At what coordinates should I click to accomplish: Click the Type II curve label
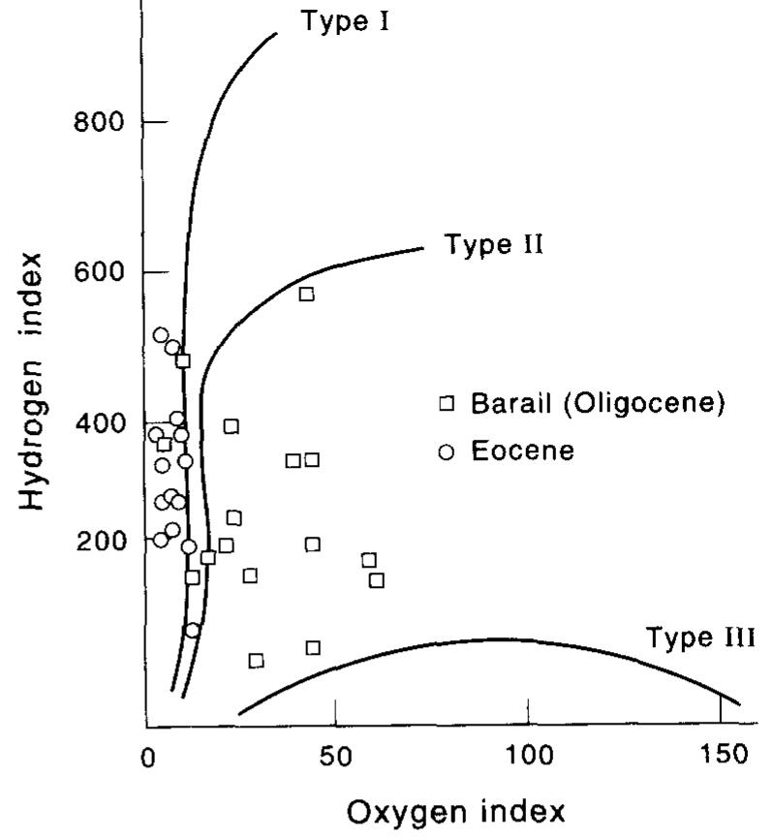pyautogui.click(x=494, y=243)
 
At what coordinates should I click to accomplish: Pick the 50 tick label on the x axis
pyautogui.click(x=333, y=756)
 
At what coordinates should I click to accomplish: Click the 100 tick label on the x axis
pyautogui.click(x=528, y=756)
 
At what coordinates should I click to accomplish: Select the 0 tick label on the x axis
pyautogui.click(x=147, y=756)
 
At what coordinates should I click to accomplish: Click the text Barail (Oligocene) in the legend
pyautogui.click(x=598, y=403)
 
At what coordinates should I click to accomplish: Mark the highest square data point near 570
pyautogui.click(x=306, y=294)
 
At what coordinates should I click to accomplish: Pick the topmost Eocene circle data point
pyautogui.click(x=161, y=335)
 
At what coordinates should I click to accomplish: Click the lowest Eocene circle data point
pyautogui.click(x=192, y=630)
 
